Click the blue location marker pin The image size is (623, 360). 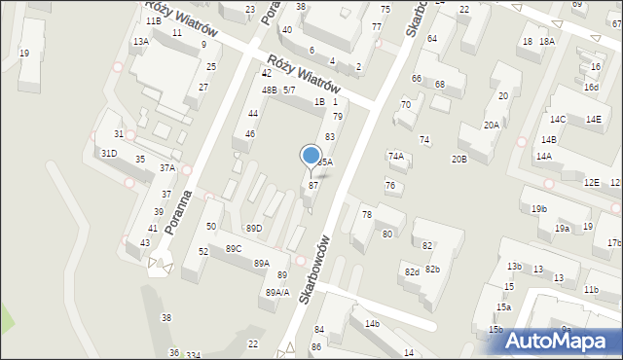(x=311, y=156)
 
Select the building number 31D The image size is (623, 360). (x=108, y=154)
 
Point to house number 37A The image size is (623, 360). (x=167, y=168)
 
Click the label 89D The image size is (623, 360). (x=253, y=228)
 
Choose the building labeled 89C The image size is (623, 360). (x=234, y=249)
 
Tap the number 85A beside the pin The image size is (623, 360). (x=326, y=162)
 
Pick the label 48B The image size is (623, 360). (x=269, y=90)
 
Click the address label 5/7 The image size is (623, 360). (x=289, y=90)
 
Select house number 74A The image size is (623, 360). (x=395, y=156)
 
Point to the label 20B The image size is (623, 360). (x=458, y=159)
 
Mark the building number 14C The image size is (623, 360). (x=557, y=119)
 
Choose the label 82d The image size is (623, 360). (x=412, y=272)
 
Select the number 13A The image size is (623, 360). (x=141, y=42)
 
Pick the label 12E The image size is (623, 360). (x=591, y=183)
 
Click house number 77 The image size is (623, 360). (x=377, y=27)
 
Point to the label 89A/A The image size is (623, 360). (x=277, y=292)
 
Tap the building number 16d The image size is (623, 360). (x=591, y=88)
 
